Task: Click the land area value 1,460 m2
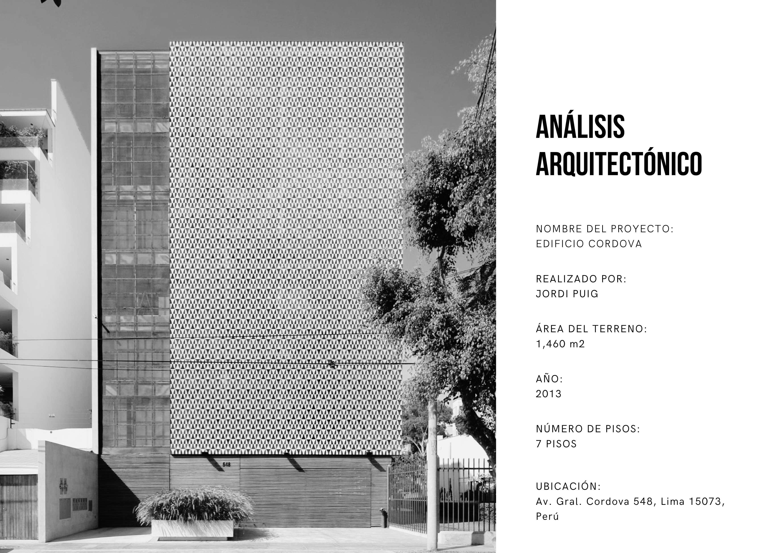pos(560,344)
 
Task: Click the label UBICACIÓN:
pos(568,486)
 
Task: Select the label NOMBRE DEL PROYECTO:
pos(605,229)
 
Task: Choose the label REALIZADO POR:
pos(581,279)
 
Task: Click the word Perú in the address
pos(547,517)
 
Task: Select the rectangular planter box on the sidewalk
pos(192,529)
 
